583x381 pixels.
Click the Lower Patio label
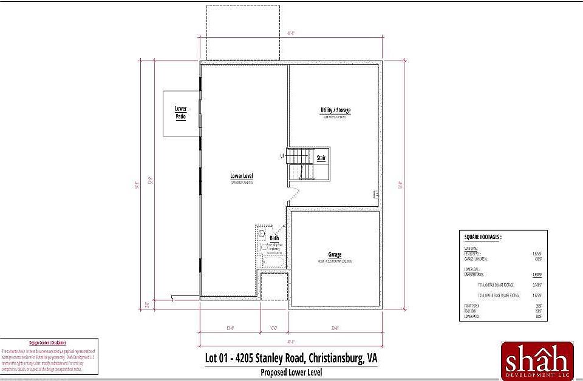click(x=180, y=112)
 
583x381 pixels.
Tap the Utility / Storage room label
click(x=335, y=110)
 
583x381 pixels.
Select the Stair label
click(x=321, y=158)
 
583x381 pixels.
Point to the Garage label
click(x=335, y=255)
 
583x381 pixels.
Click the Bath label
click(x=274, y=238)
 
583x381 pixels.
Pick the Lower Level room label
click(x=241, y=177)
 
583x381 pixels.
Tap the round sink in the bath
click(x=262, y=233)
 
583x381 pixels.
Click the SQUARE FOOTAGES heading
click(x=483, y=237)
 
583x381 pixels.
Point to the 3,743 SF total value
click(x=535, y=284)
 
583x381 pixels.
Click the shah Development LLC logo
click(x=536, y=362)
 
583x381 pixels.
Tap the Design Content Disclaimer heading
click(x=48, y=343)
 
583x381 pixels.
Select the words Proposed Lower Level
click(x=291, y=372)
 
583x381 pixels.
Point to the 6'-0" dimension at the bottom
click(x=274, y=329)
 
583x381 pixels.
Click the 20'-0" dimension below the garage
click(x=335, y=329)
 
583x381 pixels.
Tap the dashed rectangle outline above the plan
click(x=243, y=33)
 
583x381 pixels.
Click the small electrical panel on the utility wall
click(x=375, y=194)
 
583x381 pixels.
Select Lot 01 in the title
click(x=218, y=358)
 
